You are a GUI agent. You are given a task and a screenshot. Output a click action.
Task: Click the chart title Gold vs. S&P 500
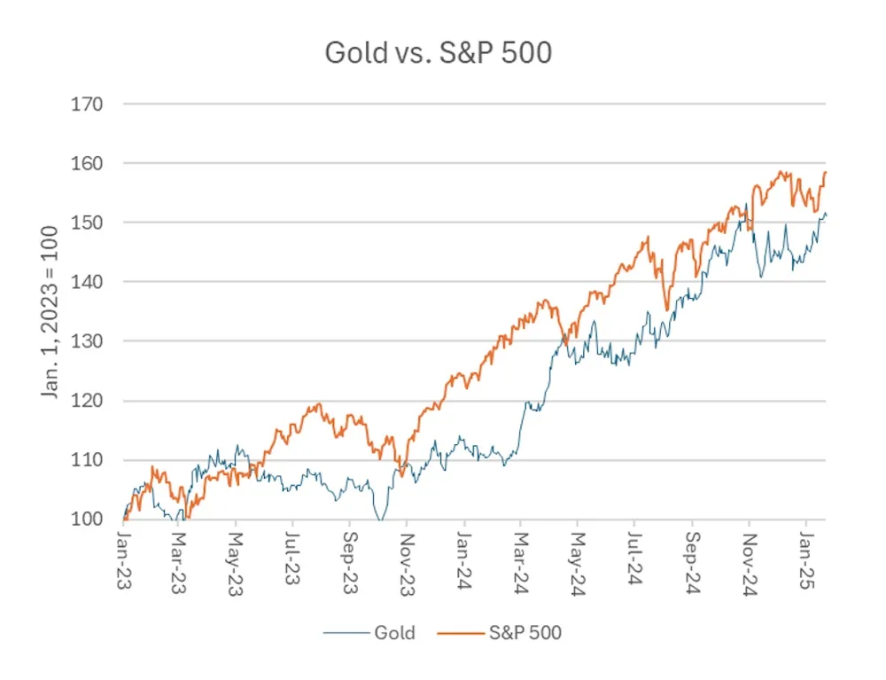[438, 53]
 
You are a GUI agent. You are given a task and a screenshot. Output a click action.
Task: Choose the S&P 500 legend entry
[525, 632]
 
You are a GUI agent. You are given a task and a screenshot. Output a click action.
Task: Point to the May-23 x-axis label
[236, 555]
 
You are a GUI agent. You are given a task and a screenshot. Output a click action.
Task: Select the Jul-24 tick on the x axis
[634, 555]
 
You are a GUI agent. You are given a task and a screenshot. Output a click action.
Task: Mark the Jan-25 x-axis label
[806, 555]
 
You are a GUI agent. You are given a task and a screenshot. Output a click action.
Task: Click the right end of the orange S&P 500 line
[825, 172]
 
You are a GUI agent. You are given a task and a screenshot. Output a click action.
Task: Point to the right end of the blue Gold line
[826, 215]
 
